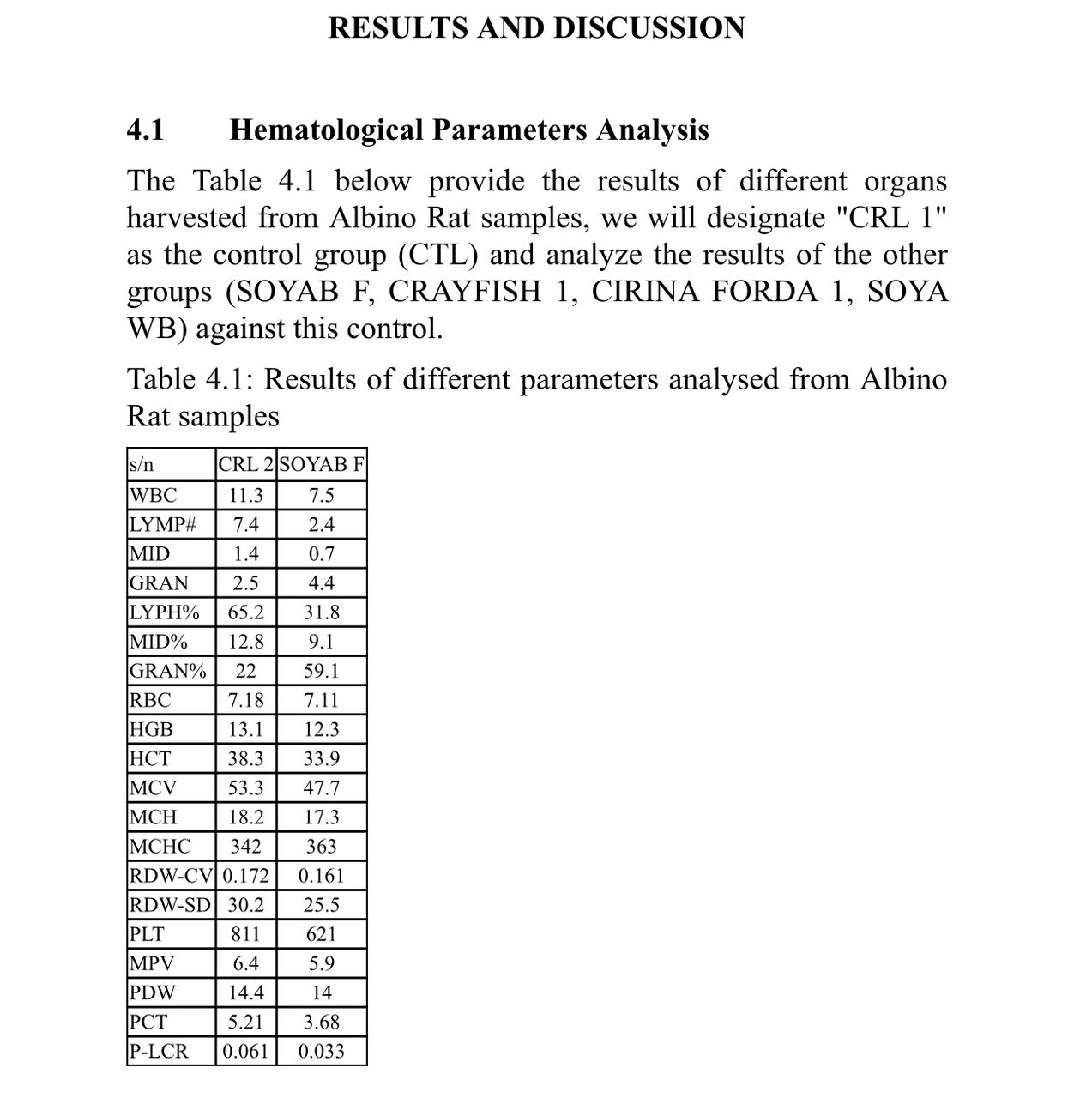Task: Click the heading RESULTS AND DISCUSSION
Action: click(536, 27)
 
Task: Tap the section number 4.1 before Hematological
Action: click(145, 130)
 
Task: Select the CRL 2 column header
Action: click(245, 465)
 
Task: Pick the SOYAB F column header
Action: click(322, 465)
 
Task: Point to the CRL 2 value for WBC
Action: click(245, 495)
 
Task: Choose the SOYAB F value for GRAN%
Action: click(322, 671)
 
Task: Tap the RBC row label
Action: click(150, 700)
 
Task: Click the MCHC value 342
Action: click(245, 847)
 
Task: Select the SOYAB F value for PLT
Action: click(322, 934)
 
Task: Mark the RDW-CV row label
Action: click(172, 876)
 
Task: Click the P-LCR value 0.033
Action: click(322, 1051)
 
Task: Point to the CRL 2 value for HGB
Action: click(245, 729)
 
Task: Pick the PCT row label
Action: click(148, 1022)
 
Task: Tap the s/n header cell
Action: click(142, 465)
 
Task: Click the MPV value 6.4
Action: click(245, 963)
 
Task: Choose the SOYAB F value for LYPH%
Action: click(322, 612)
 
